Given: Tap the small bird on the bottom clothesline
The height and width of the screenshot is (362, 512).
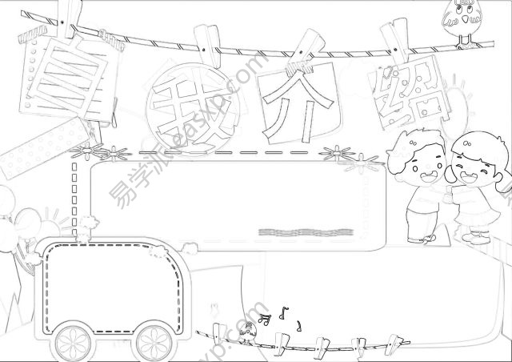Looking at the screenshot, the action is (x=248, y=332).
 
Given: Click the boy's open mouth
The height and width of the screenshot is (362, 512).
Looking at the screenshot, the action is (x=429, y=177).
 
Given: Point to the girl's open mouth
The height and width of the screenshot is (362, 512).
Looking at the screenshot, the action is (x=469, y=177).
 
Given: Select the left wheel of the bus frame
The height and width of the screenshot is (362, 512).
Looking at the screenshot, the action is (x=73, y=343).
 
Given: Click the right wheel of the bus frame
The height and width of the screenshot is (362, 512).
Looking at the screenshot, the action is (x=154, y=343).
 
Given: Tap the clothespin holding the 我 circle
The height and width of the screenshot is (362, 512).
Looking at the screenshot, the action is (x=208, y=46).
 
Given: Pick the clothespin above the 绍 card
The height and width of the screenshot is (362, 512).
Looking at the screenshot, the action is (x=394, y=41).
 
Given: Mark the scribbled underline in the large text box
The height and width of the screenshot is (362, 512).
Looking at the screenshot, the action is (x=306, y=232).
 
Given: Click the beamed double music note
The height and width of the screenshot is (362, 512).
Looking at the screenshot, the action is (x=265, y=319).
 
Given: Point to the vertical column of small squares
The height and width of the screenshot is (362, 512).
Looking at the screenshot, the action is (x=74, y=199).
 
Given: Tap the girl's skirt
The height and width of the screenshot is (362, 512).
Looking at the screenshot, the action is (x=478, y=212).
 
